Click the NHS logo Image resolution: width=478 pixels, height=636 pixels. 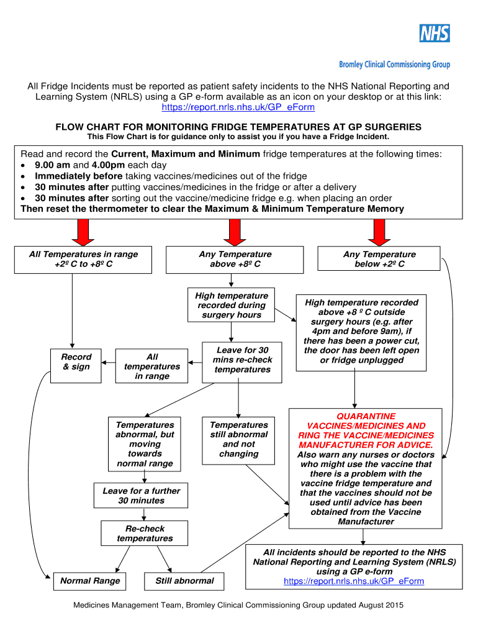[x=434, y=33]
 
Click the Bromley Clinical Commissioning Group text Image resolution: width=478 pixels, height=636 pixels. [x=394, y=65]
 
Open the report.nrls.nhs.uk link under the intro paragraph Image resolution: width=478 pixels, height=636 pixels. [x=238, y=107]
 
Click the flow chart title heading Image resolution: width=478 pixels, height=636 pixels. [x=238, y=127]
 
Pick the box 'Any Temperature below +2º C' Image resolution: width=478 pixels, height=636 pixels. [x=379, y=259]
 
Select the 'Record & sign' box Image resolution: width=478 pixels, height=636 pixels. [x=76, y=362]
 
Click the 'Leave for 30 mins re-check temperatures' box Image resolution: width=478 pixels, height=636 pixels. [x=242, y=360]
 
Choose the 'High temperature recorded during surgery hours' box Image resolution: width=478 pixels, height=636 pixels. [x=232, y=305]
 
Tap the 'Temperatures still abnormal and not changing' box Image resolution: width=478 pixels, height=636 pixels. [x=239, y=440]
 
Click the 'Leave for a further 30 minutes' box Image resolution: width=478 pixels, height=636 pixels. [x=142, y=496]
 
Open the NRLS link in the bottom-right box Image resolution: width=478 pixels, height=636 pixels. [x=354, y=581]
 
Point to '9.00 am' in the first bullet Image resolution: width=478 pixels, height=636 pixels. [x=54, y=165]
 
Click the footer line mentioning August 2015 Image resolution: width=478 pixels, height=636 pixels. [x=238, y=605]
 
